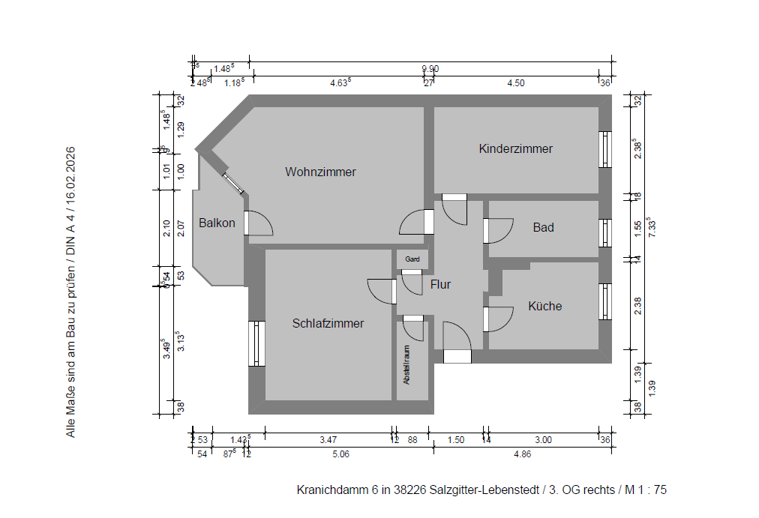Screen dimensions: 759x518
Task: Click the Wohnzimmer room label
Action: point(320,172)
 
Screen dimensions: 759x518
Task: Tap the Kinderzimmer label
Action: point(515,148)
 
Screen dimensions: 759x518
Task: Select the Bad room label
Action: point(543,227)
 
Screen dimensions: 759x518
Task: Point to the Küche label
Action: point(544,306)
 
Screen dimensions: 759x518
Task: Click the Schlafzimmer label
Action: point(328,324)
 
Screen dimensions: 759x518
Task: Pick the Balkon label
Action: point(217,223)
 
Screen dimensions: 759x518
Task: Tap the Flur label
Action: point(440,284)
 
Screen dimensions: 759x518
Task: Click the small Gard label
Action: point(412,259)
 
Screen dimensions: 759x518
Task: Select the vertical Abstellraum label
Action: point(407,364)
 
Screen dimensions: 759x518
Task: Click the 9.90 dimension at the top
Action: point(430,68)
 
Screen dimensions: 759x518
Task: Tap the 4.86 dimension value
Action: point(522,454)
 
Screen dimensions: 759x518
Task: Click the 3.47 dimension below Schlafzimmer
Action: point(328,439)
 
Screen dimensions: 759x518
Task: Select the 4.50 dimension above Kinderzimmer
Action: point(515,83)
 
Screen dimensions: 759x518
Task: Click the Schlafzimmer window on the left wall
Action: point(256,344)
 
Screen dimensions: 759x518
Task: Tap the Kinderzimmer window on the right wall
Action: point(605,149)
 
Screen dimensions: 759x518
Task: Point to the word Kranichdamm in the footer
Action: point(332,490)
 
